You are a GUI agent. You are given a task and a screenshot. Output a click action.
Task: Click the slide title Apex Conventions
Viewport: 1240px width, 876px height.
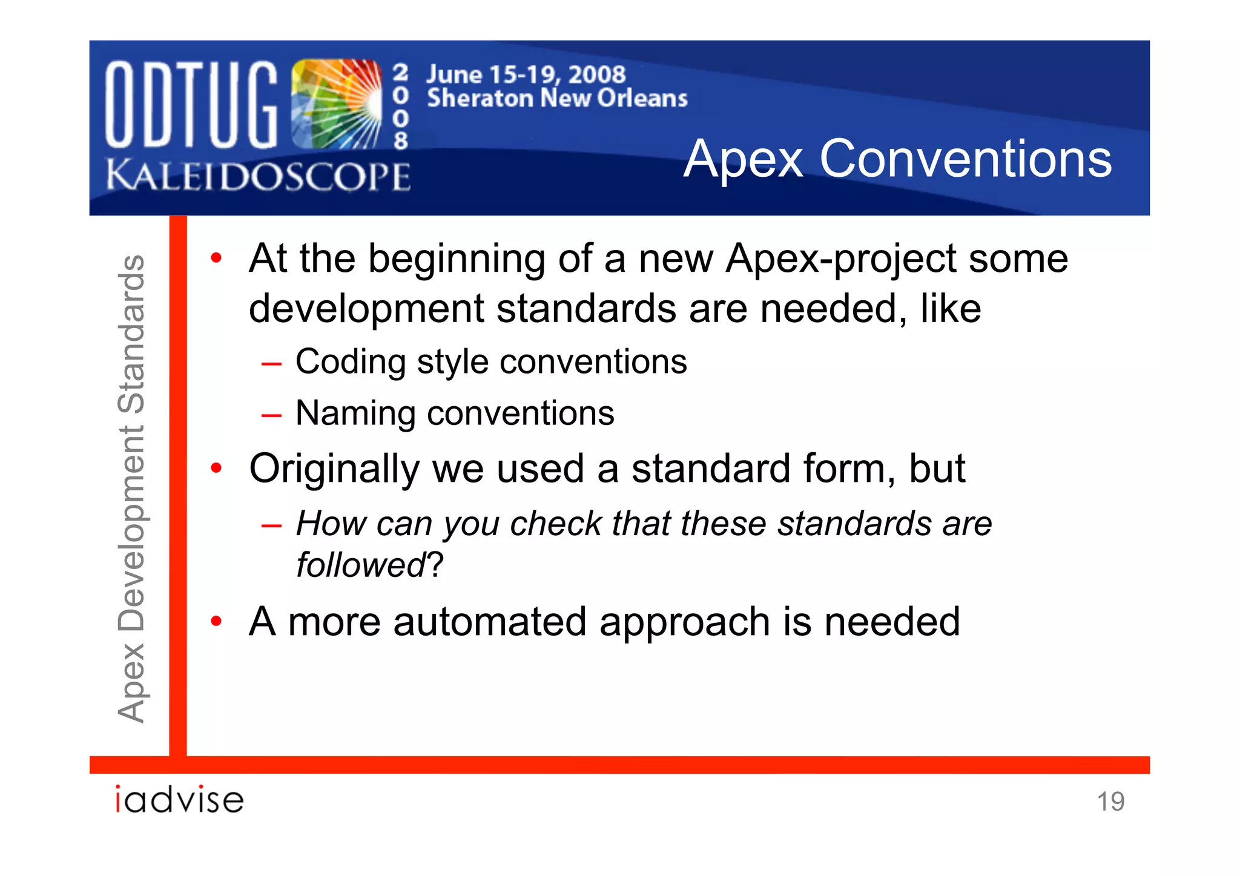click(897, 159)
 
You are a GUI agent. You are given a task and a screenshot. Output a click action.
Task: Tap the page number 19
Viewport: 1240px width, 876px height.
click(1110, 802)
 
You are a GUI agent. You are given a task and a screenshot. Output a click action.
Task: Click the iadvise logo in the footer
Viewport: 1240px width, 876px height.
click(179, 799)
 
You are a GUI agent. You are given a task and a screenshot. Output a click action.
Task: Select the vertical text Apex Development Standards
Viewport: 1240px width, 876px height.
click(131, 488)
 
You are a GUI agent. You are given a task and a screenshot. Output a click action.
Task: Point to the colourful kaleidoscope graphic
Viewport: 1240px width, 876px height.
click(336, 104)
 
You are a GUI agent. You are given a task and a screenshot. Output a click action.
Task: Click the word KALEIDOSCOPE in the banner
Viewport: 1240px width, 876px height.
click(259, 177)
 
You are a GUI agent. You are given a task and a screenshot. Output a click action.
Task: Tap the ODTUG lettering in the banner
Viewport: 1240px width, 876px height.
click(191, 104)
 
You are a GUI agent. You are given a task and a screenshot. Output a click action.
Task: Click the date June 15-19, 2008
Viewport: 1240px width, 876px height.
click(526, 74)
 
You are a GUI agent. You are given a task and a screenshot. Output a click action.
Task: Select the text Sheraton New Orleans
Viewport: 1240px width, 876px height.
click(557, 98)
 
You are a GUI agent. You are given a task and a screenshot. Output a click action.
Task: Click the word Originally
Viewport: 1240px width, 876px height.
click(334, 469)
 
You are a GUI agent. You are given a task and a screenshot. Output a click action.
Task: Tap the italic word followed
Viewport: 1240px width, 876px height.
click(361, 565)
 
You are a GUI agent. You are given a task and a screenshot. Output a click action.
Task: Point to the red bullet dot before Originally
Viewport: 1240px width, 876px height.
click(216, 469)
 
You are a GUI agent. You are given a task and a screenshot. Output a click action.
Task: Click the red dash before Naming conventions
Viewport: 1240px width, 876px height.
click(271, 416)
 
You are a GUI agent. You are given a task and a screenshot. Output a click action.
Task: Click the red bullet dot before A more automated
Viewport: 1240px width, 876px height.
click(216, 621)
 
